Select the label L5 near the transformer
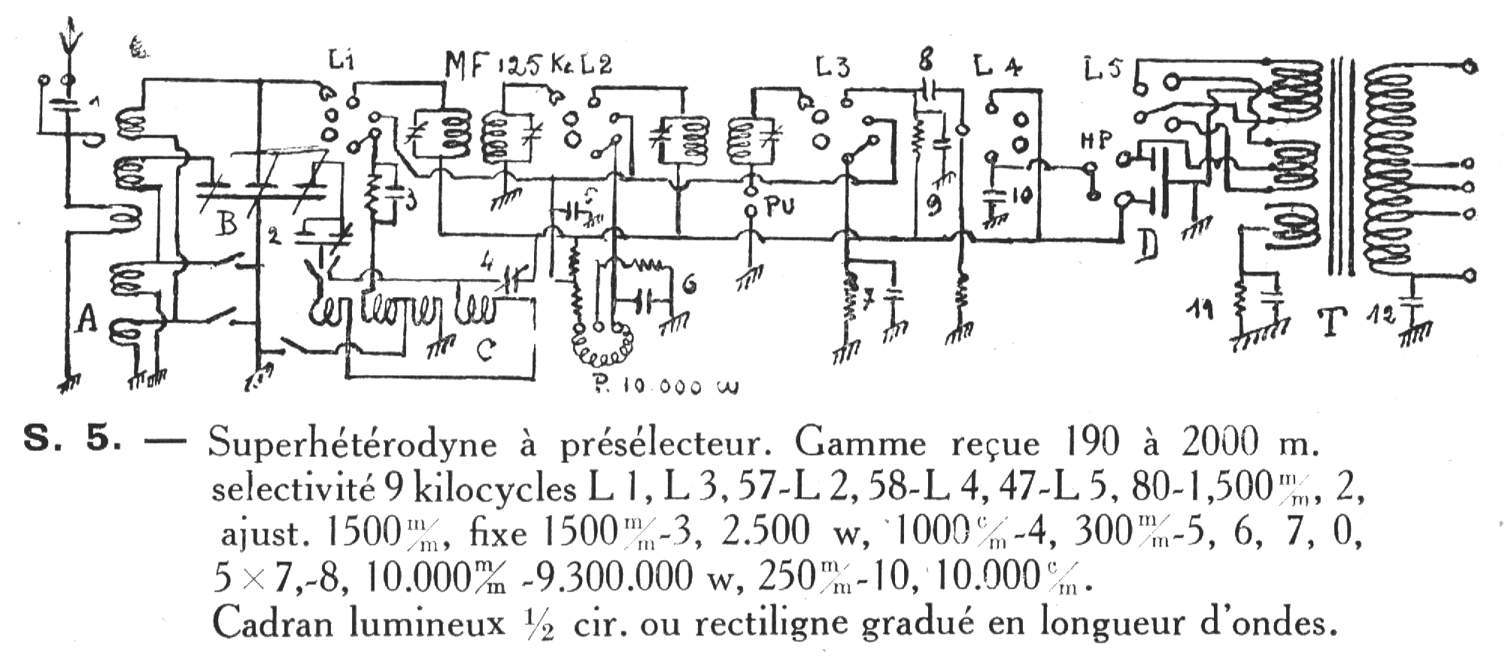coord(1103,68)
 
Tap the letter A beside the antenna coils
coord(89,321)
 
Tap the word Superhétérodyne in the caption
coord(352,445)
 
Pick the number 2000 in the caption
coord(1224,444)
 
